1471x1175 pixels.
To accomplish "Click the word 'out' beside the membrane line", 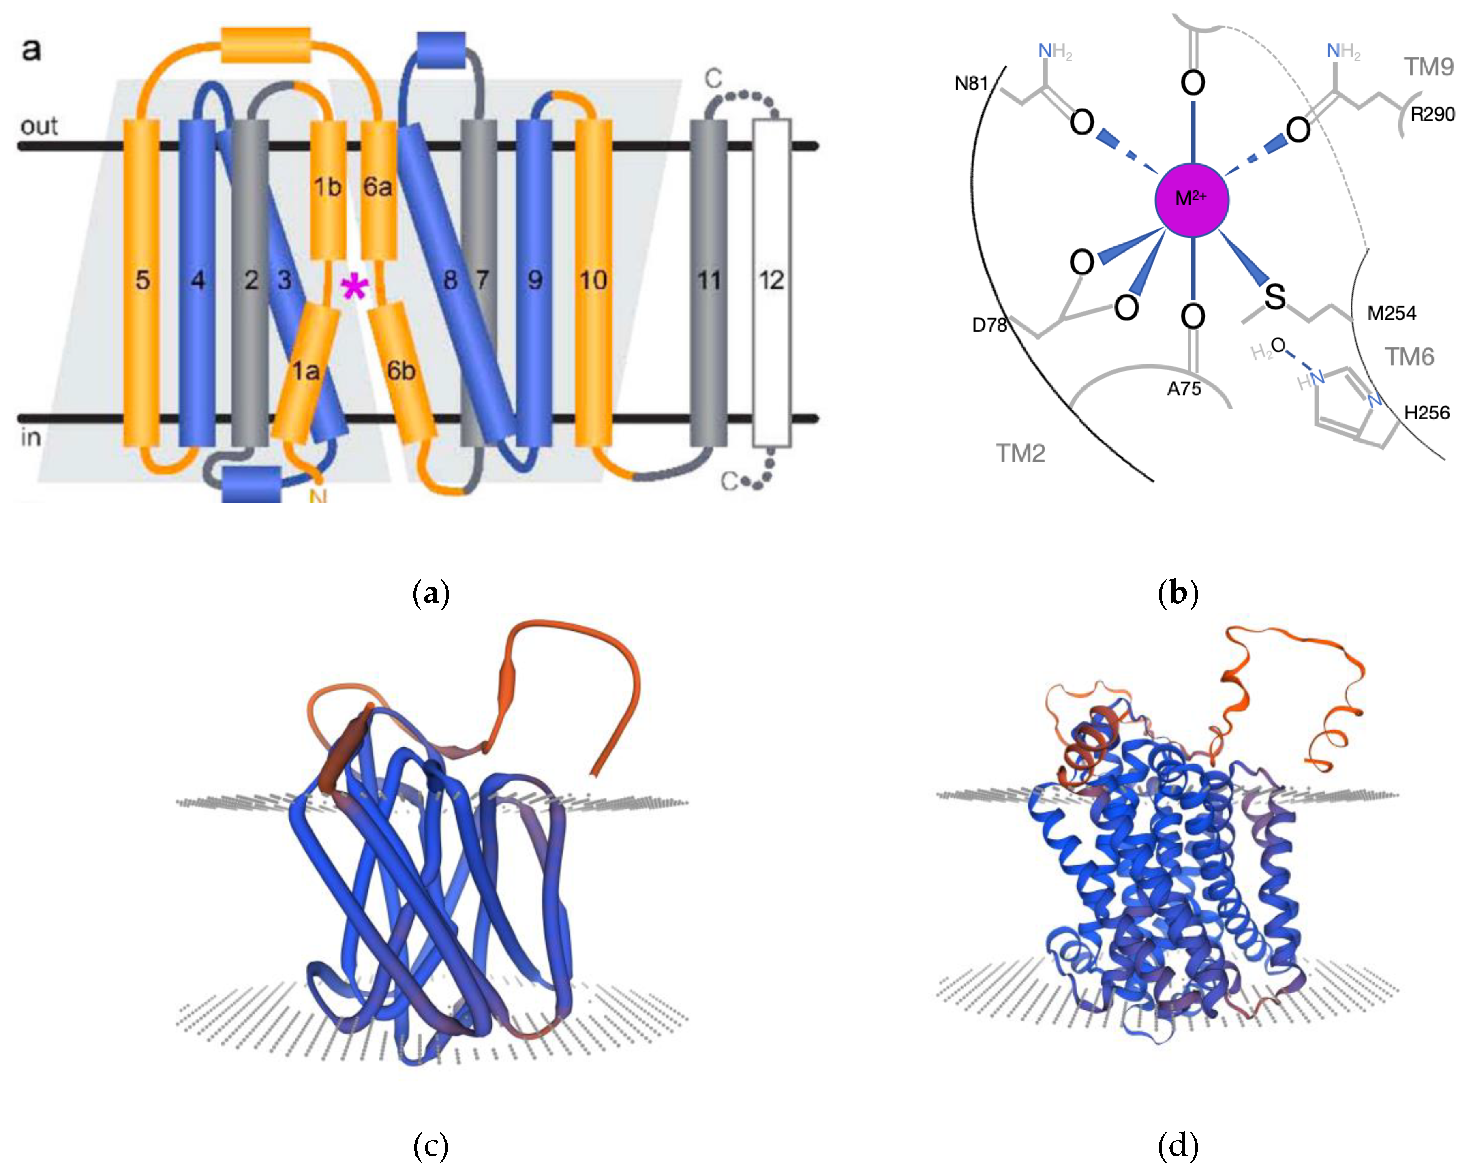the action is click(39, 126).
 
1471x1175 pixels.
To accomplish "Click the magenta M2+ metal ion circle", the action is click(1191, 199).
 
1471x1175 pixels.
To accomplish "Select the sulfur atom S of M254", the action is click(1274, 297).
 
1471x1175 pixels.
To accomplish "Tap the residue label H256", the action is click(1427, 413).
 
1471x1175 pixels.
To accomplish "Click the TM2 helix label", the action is click(1021, 453).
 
